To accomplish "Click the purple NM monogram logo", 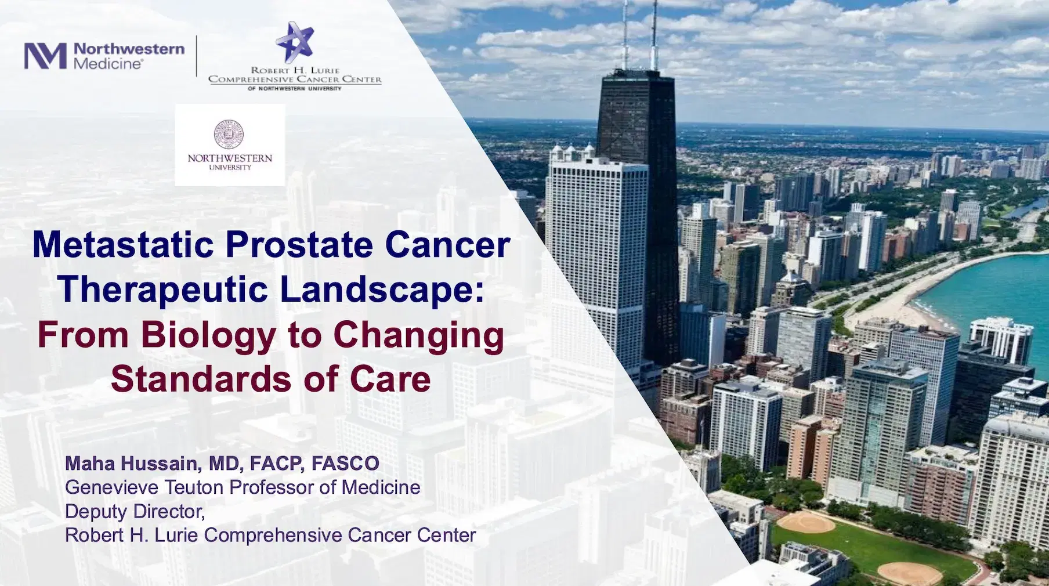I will point(45,56).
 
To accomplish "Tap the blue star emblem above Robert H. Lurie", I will point(295,42).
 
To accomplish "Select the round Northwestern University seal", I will point(229,134).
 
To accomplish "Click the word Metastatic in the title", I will point(124,244).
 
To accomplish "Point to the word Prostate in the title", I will point(299,244).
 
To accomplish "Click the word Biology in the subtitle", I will point(209,335).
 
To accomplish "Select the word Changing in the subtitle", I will point(418,335).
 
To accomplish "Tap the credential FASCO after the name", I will point(345,463).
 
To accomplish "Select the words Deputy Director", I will point(135,511).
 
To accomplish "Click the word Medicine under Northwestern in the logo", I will point(108,64).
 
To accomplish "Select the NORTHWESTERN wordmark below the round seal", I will point(230,158).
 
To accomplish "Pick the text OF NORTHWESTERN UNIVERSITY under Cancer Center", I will point(295,89).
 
